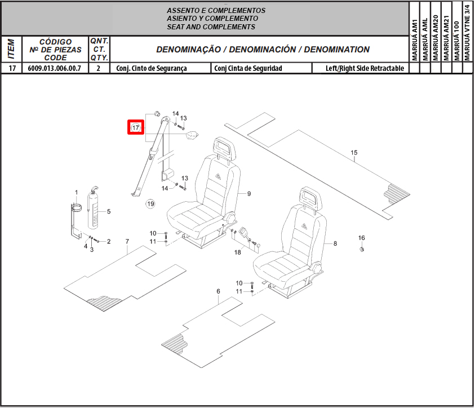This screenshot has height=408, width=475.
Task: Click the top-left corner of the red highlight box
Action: tap(127, 120)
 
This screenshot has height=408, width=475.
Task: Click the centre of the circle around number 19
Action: tap(150, 204)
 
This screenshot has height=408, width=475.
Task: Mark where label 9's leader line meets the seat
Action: tap(238, 193)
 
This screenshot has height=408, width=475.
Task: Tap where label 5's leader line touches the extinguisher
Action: tap(99, 212)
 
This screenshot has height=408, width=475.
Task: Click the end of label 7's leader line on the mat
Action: tap(127, 254)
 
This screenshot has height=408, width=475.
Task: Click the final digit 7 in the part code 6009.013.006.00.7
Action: tap(79, 68)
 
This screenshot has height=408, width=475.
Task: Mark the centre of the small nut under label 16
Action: tap(361, 249)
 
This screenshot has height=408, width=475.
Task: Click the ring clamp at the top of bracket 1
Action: tap(76, 208)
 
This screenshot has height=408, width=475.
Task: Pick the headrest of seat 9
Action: tap(225, 148)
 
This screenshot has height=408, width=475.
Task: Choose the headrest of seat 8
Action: tap(311, 198)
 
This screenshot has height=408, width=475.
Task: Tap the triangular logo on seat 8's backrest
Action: tap(304, 226)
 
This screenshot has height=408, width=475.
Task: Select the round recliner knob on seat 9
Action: tap(229, 218)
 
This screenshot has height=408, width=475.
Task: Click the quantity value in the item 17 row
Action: tap(99, 68)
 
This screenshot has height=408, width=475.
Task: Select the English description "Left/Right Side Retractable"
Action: tap(365, 68)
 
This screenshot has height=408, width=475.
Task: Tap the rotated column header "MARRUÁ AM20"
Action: tap(436, 38)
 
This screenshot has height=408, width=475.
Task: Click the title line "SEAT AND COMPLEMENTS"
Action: tap(211, 27)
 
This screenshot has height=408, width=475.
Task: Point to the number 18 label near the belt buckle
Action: tap(238, 252)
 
